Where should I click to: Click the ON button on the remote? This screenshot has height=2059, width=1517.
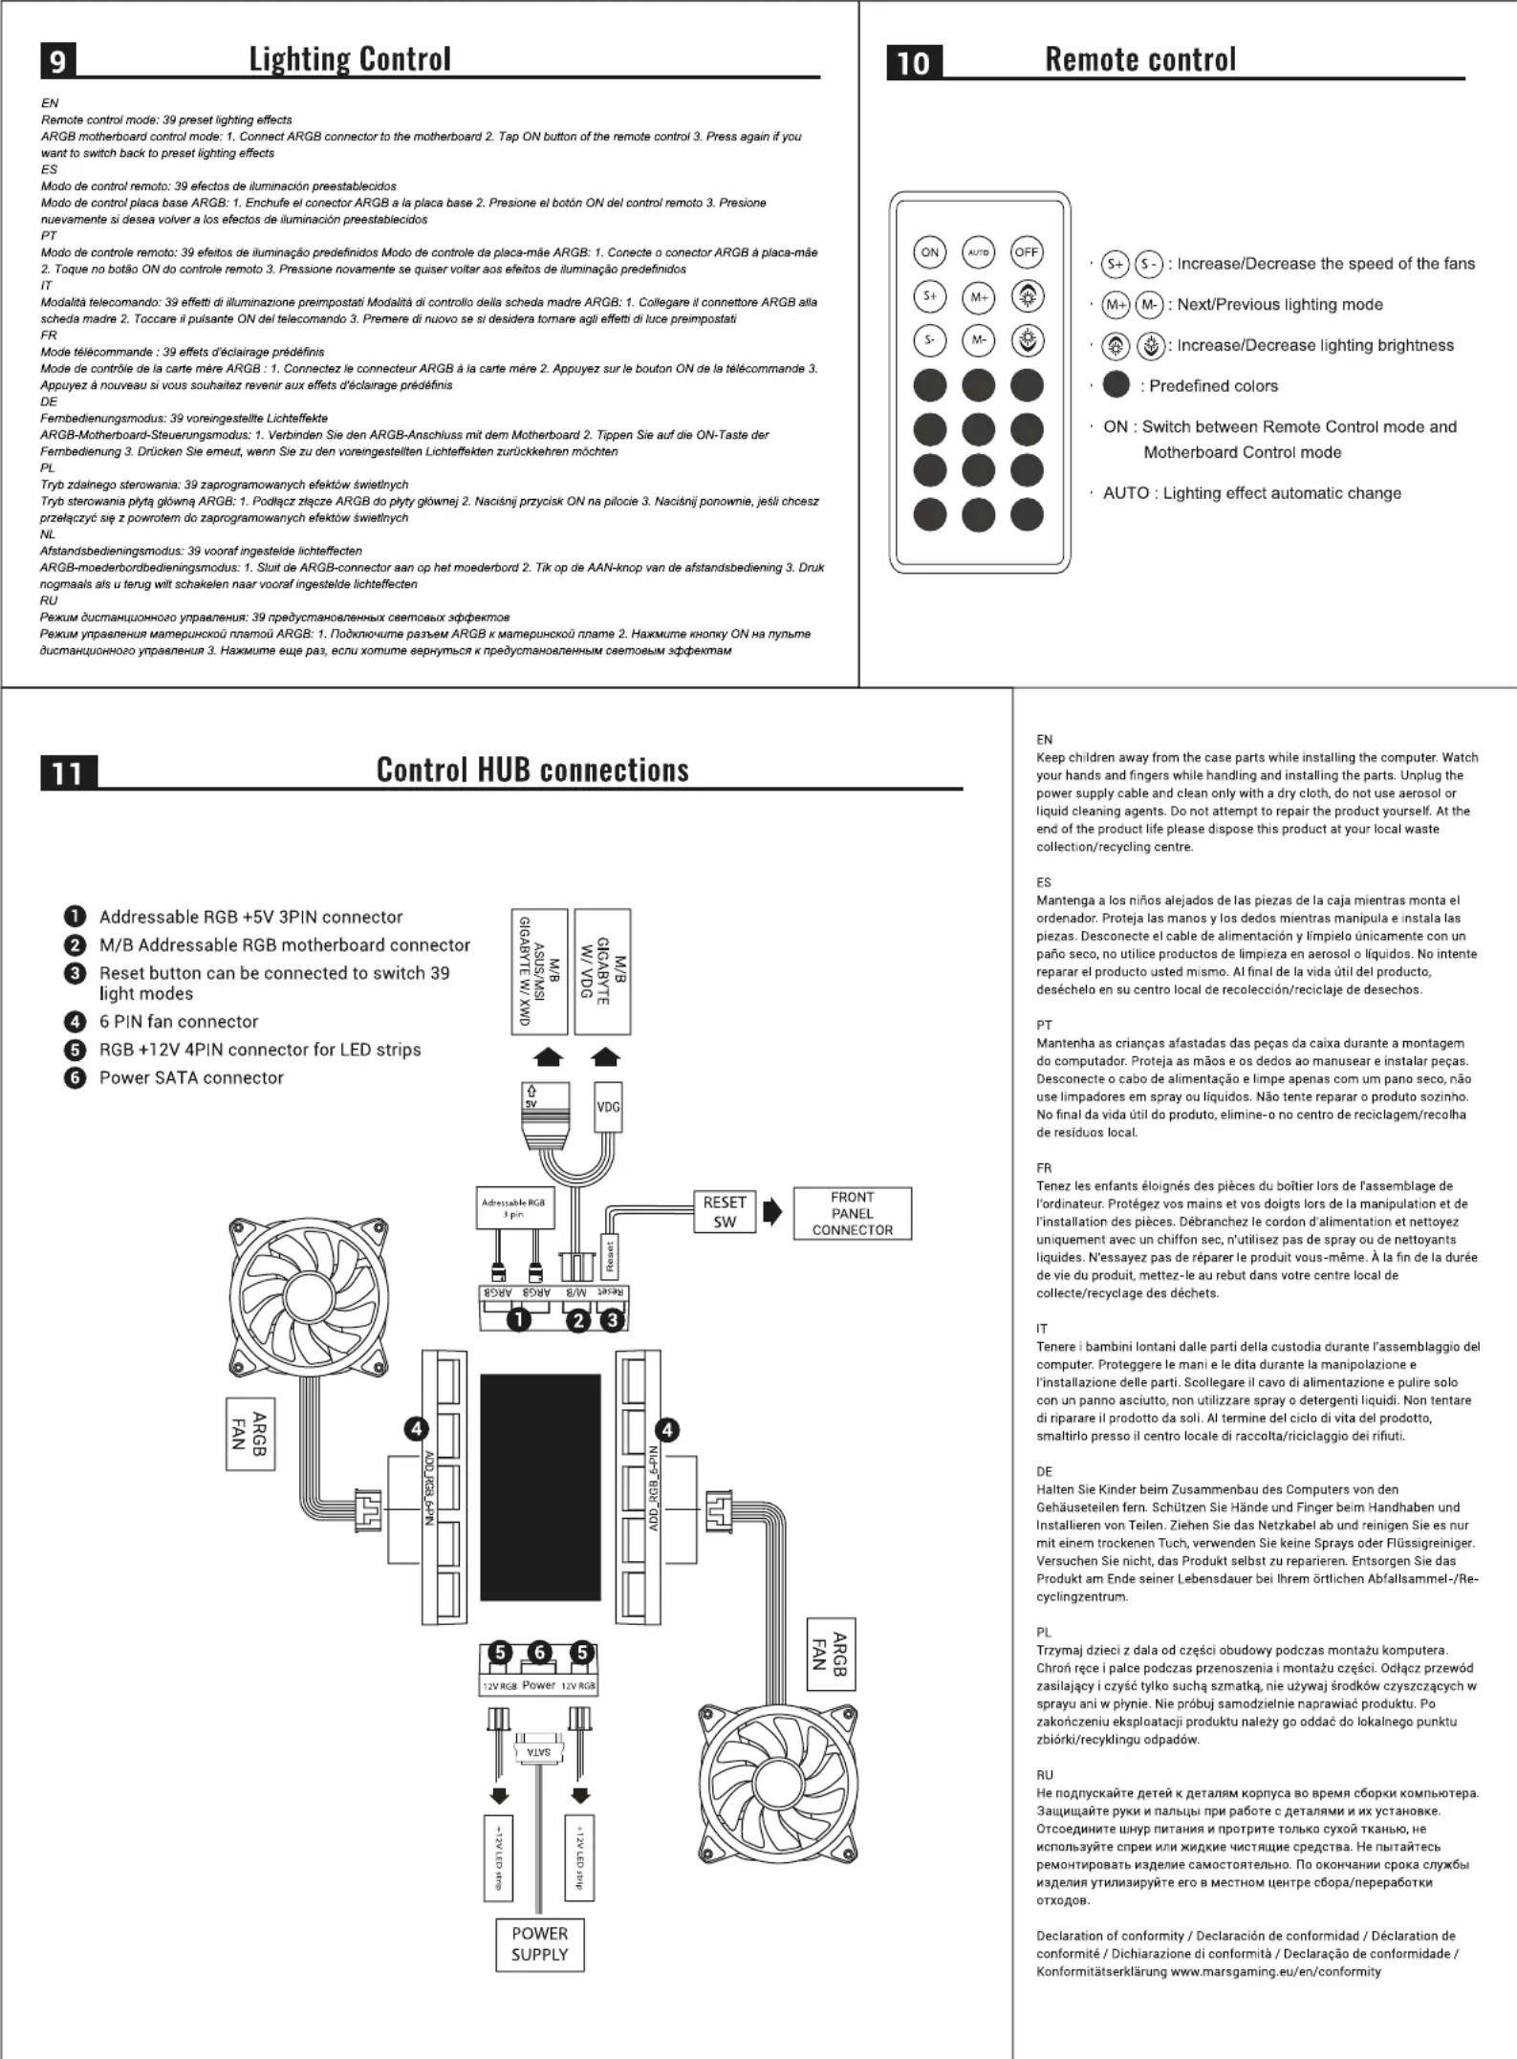[929, 252]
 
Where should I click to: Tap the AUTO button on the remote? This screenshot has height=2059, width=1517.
[978, 252]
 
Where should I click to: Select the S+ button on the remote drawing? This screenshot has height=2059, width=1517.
[929, 296]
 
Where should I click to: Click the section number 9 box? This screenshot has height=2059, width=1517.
[58, 61]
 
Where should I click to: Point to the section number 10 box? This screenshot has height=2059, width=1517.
[914, 62]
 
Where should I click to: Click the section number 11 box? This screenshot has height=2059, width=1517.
[69, 772]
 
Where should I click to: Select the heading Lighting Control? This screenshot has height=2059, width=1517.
[350, 59]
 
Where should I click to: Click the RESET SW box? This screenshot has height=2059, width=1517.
[725, 1212]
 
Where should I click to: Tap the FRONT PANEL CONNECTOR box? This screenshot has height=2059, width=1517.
[853, 1214]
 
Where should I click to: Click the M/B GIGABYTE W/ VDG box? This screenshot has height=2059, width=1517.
[602, 971]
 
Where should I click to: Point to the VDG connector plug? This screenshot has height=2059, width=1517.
[608, 1107]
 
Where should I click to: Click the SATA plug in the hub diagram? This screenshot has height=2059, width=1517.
[539, 1752]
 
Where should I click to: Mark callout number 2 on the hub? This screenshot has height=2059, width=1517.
[577, 1321]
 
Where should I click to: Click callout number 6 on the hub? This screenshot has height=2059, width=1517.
[540, 1653]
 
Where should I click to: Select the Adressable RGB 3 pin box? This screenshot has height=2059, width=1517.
[513, 1208]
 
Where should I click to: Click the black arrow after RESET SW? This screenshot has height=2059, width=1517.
[772, 1212]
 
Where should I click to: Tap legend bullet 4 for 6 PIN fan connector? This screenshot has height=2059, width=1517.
[75, 1022]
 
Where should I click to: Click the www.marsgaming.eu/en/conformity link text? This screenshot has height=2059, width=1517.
[1276, 1971]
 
